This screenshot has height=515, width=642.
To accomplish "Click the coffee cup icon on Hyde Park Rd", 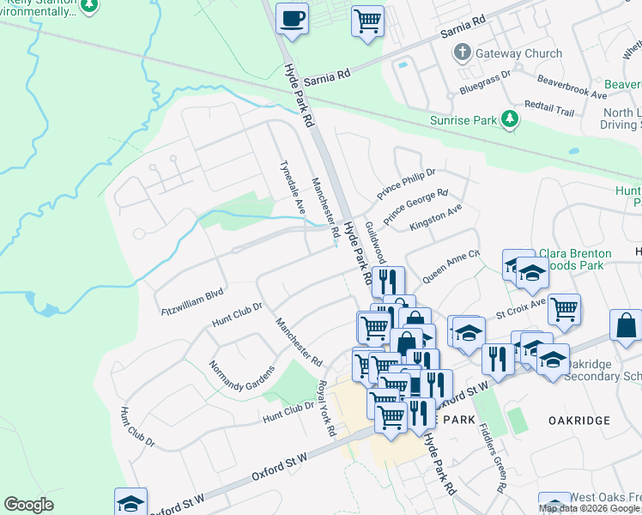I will coord(293,18).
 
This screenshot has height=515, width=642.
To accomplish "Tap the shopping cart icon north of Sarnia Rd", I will coord(367,20).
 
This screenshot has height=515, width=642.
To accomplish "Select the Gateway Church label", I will coord(520,53).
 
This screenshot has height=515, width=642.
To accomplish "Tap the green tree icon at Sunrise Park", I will coord(511,119).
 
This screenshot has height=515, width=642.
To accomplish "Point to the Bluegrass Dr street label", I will coord(485,82).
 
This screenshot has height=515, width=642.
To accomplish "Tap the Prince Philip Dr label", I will coord(406,185).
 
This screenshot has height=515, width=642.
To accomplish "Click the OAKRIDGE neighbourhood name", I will coord(579,420).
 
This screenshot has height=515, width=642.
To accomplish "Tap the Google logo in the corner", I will coord(28,505).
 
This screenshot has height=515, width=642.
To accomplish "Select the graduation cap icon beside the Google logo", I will coord(131,502).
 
